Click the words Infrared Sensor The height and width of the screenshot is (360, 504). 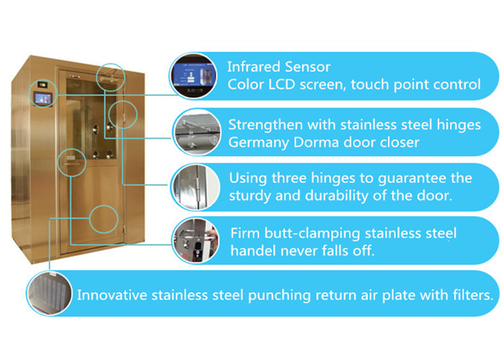click(279, 67)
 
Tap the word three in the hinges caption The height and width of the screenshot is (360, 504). click(289, 178)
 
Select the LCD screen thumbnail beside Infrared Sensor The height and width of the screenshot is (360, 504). click(193, 76)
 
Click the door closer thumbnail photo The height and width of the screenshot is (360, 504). click(197, 132)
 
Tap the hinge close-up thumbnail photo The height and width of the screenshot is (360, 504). click(196, 187)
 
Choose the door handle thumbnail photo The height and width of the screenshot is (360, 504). click(196, 240)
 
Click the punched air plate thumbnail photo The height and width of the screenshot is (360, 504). click(50, 293)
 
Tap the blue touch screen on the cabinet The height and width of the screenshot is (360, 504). click(43, 99)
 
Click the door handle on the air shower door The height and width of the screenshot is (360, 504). click(72, 164)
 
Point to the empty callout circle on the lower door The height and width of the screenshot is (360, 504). click(104, 219)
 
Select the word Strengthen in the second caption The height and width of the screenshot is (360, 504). click(266, 125)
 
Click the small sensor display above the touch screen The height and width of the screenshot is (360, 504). click(42, 84)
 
